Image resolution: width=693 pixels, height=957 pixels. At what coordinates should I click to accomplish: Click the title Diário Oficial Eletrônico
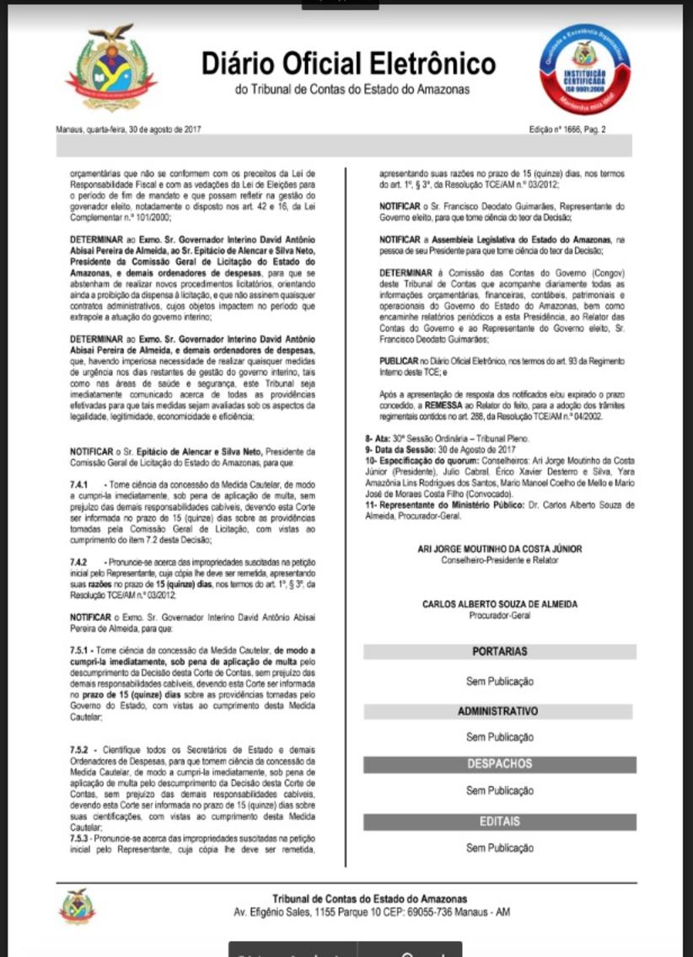[x=348, y=64]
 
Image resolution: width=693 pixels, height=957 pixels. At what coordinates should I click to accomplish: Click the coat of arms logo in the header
[x=111, y=68]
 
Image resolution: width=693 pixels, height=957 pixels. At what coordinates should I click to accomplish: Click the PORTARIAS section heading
[x=500, y=651]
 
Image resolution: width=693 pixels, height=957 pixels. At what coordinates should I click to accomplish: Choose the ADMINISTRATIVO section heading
[x=497, y=711]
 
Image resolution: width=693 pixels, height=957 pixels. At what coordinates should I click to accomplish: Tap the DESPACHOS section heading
[x=500, y=764]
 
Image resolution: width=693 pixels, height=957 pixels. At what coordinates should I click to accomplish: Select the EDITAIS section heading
[x=500, y=821]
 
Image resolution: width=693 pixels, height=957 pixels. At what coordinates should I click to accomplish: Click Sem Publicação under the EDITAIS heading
[x=500, y=847]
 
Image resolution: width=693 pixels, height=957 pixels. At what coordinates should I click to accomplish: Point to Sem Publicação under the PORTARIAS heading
[x=500, y=681]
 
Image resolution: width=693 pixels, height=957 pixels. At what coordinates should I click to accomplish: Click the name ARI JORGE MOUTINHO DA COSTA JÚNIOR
[x=500, y=548]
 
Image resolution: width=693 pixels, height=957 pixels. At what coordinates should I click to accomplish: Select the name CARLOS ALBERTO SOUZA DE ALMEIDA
[x=500, y=604]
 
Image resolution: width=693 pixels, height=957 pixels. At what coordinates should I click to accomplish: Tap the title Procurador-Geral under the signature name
[x=500, y=615]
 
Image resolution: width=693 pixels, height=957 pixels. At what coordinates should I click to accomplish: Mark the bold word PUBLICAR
[x=399, y=360]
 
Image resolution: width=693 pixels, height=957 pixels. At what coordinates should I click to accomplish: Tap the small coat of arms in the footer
[x=77, y=906]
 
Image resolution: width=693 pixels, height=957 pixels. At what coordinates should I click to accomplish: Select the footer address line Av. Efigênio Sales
[x=371, y=912]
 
